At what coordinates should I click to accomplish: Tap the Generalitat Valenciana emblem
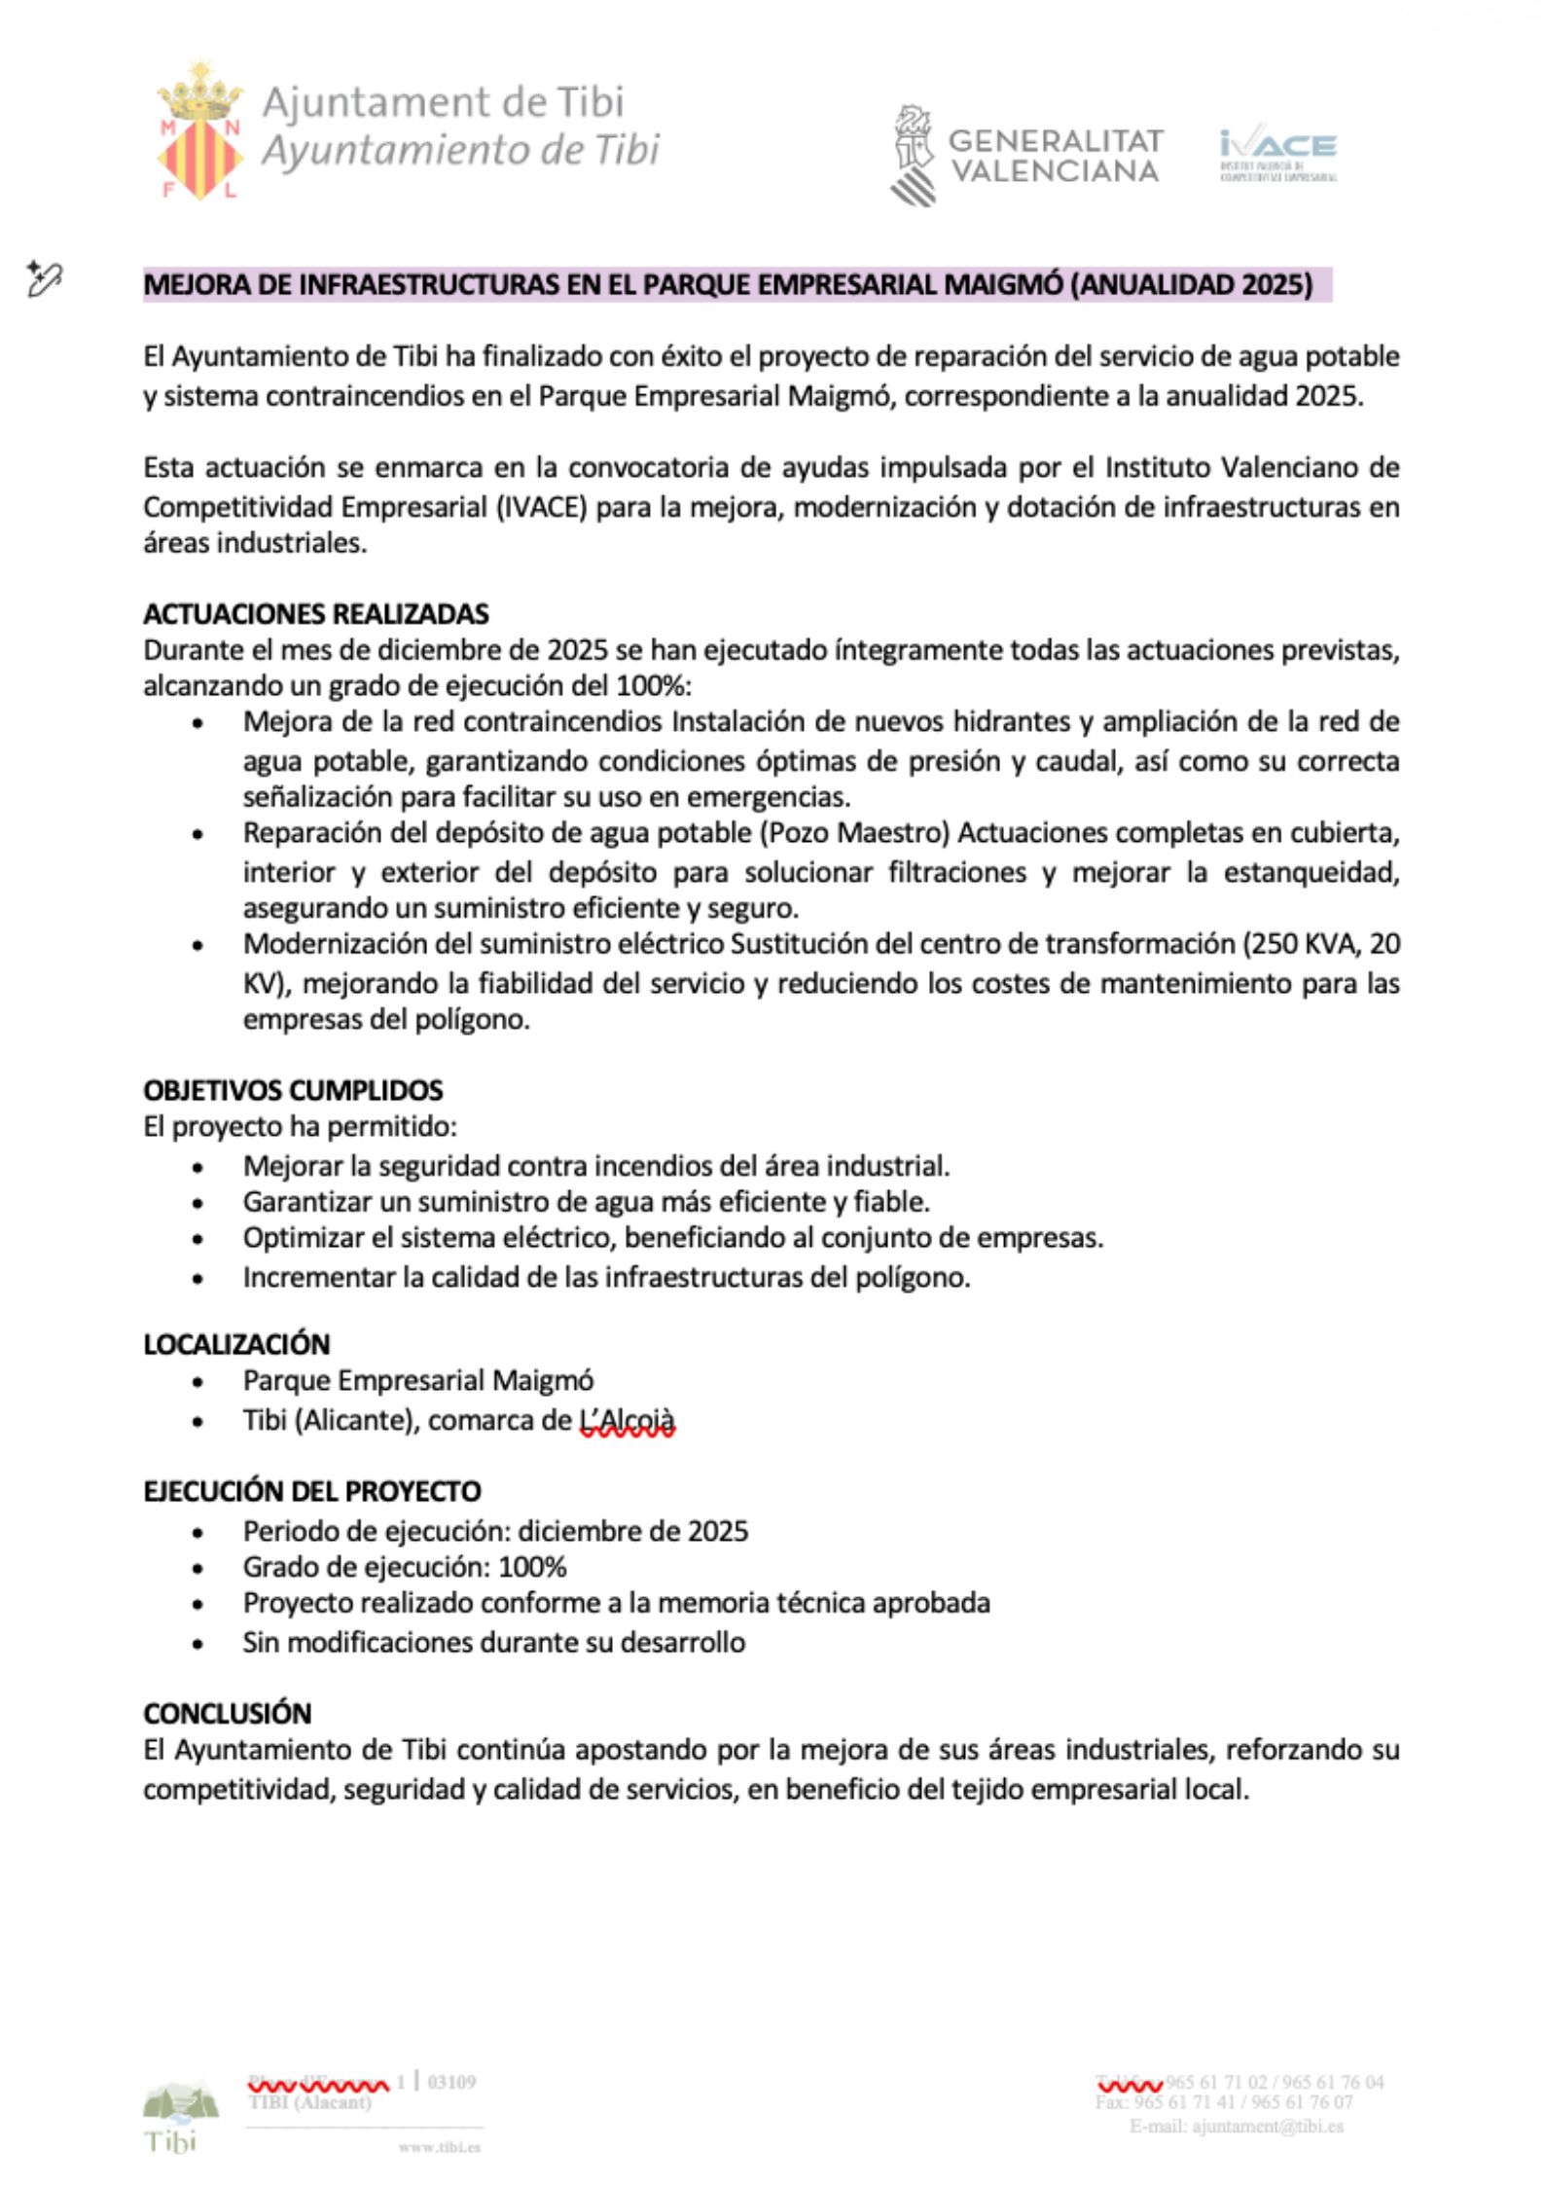click(914, 155)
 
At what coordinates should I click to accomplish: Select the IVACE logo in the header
click(1277, 153)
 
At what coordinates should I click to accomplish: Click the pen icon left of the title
click(44, 279)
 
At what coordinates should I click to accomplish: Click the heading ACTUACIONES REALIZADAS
click(315, 614)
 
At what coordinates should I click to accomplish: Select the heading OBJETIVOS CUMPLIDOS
click(293, 1090)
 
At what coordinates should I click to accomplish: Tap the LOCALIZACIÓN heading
click(236, 1344)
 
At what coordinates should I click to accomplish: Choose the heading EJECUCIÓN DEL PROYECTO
click(311, 1491)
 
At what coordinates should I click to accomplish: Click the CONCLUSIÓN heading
click(227, 1713)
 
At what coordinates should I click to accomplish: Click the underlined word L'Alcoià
click(627, 1421)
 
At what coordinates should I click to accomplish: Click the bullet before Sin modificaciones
click(198, 1644)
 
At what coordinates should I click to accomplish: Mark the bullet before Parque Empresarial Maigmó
click(198, 1382)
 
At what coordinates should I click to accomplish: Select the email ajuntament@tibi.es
click(1267, 2126)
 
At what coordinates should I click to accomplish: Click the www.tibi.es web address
click(439, 2147)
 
